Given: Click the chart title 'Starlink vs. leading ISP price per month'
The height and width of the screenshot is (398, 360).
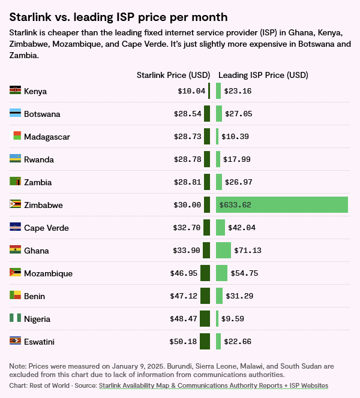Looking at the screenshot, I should (x=118, y=17).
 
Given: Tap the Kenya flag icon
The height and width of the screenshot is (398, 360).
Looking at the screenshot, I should (x=16, y=91).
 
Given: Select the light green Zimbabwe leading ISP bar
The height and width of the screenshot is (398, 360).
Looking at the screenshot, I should (x=282, y=204).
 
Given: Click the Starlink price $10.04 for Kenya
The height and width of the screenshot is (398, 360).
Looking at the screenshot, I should (x=191, y=91).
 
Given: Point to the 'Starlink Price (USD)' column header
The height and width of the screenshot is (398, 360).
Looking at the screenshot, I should (x=173, y=75).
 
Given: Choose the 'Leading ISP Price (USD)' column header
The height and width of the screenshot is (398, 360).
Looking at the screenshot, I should (x=263, y=75).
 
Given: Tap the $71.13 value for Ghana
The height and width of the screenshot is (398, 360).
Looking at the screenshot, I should (x=248, y=251).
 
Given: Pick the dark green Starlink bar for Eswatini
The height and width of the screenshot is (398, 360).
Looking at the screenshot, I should (x=205, y=342).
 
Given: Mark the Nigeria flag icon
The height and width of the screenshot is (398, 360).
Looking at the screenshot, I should (x=16, y=318).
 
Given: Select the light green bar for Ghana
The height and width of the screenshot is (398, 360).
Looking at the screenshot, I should (x=223, y=250).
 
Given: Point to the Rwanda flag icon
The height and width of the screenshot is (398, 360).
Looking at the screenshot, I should (x=16, y=159).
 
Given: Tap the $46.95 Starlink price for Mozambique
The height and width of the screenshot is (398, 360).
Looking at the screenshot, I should (x=184, y=273).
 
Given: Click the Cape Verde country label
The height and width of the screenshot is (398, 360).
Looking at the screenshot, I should (x=46, y=228).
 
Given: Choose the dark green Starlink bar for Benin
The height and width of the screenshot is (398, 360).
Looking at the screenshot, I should (x=205, y=296).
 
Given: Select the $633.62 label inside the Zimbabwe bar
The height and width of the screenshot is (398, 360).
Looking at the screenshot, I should (x=235, y=205).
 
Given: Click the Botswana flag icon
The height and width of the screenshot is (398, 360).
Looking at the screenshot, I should (x=16, y=113).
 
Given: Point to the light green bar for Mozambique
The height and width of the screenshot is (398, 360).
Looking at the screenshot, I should (x=221, y=273).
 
